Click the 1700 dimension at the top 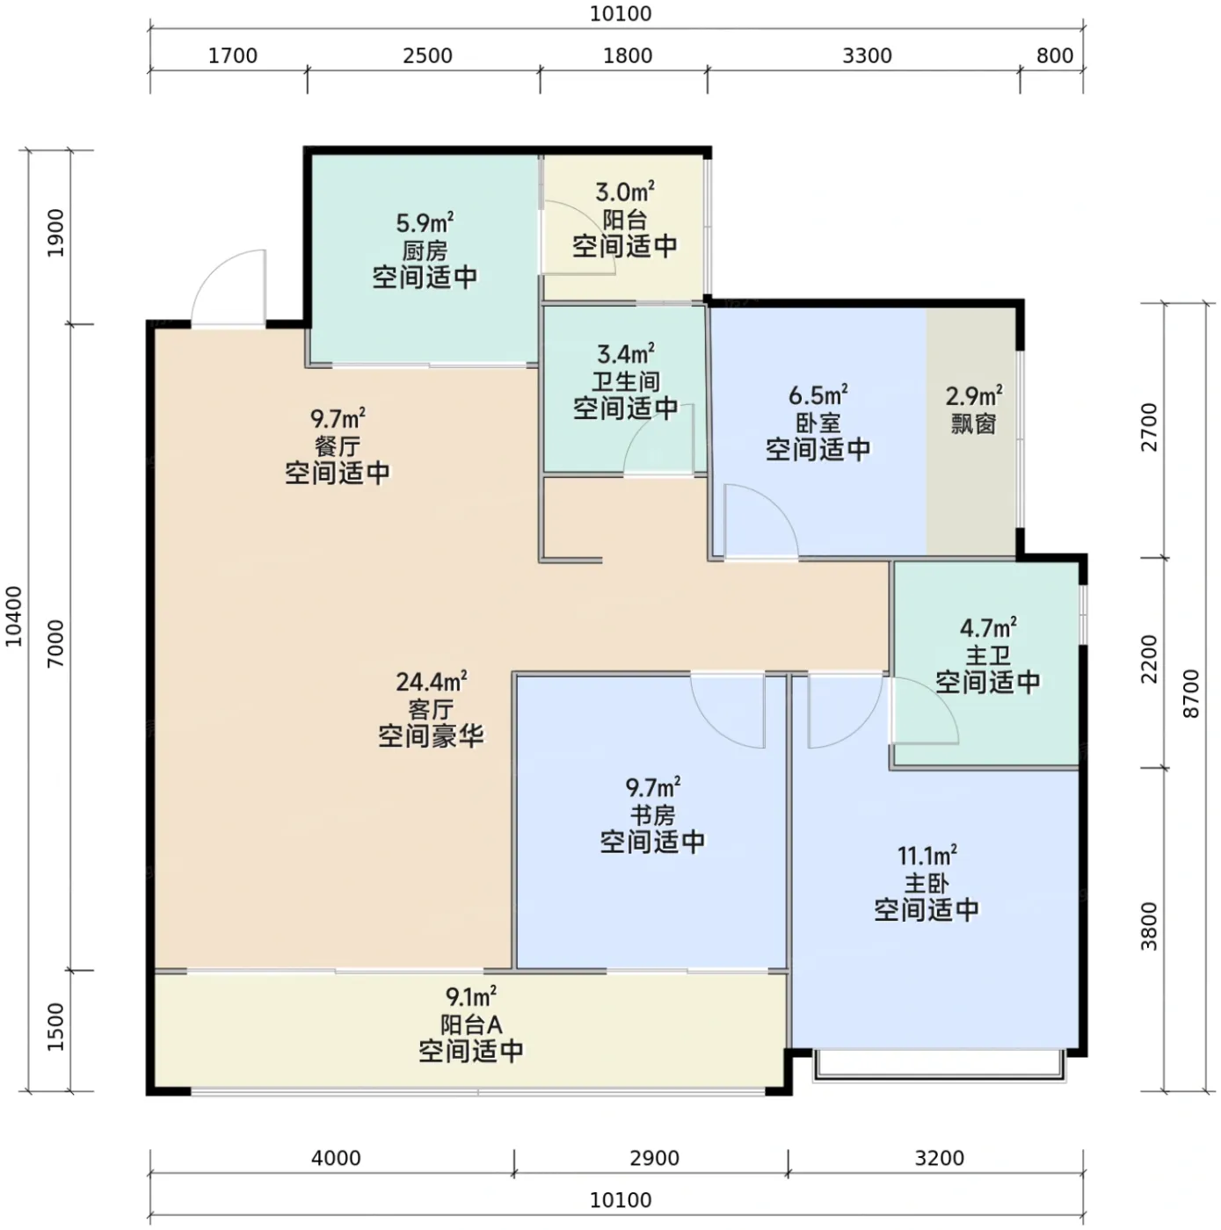[233, 55]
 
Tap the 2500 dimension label [427, 55]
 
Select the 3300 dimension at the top [866, 55]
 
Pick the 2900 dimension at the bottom [654, 1157]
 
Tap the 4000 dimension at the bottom [336, 1157]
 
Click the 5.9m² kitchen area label [425, 223]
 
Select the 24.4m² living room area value [431, 681]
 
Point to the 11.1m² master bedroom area [926, 854]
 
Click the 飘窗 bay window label [972, 423]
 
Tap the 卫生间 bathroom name [625, 381]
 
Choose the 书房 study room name [651, 814]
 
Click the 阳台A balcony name [471, 1024]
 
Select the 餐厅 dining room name [337, 445]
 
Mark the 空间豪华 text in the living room [431, 736]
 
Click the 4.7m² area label [987, 627]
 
